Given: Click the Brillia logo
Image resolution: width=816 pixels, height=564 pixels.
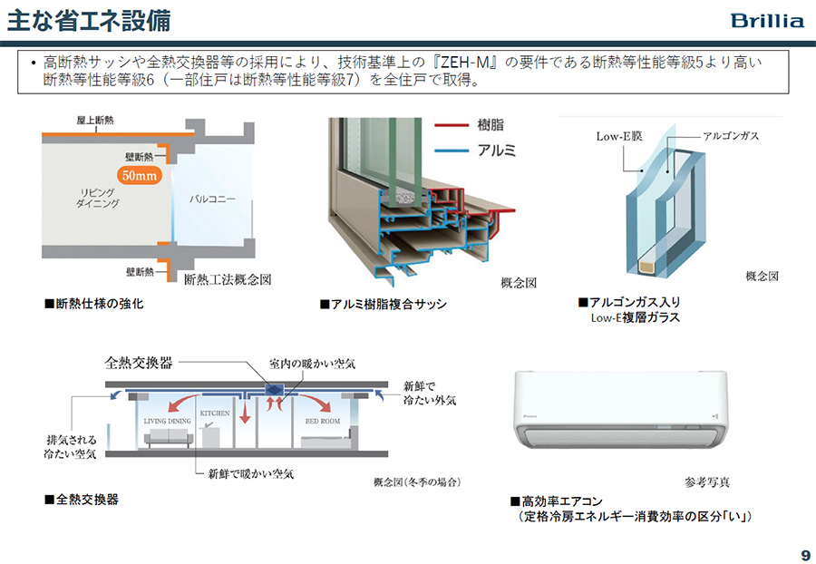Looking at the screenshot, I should (767, 20).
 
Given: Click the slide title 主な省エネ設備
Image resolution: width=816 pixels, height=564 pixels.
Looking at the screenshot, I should (88, 19).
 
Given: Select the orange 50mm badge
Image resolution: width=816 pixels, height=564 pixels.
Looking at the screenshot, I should (140, 176).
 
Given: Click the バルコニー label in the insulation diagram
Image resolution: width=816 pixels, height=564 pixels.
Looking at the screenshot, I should (213, 197).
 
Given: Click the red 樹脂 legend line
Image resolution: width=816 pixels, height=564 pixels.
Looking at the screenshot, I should (450, 125).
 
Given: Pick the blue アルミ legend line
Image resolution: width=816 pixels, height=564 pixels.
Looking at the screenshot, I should (450, 151).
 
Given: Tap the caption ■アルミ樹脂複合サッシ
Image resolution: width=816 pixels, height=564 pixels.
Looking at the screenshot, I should (383, 305).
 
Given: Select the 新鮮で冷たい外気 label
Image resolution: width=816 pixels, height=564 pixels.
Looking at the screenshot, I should (430, 393).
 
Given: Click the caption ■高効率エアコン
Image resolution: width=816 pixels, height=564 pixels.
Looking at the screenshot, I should (556, 501).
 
